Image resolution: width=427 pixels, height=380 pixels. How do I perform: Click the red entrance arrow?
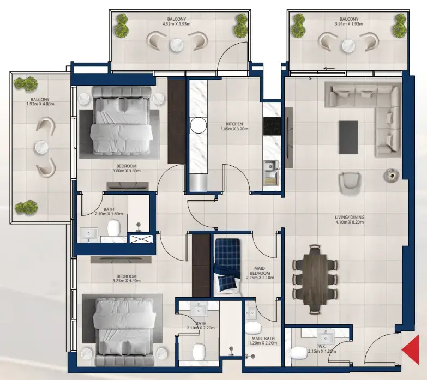point(411,349)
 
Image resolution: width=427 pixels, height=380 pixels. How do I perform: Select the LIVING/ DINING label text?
point(350,217)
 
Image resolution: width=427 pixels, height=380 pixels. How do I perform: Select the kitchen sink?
point(270,168)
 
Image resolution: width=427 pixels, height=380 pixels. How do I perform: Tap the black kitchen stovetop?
point(271,127)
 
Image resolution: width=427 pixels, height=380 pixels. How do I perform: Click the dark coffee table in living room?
point(348,137)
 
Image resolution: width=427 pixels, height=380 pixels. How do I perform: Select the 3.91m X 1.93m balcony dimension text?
point(348,24)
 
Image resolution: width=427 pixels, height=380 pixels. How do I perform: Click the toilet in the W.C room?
point(299,354)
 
